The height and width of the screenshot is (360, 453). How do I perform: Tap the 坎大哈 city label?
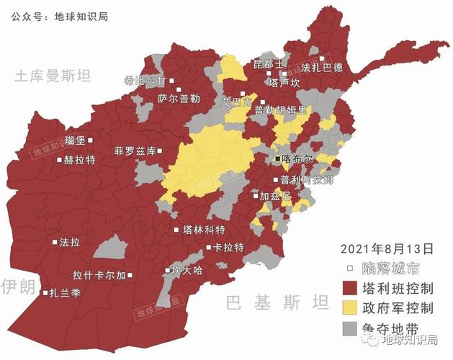(187, 271)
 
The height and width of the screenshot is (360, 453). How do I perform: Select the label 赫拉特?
(79, 160)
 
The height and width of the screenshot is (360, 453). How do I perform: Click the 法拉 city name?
(70, 243)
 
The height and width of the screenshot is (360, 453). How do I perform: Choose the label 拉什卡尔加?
(99, 275)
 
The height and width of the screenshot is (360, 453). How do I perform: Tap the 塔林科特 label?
(204, 230)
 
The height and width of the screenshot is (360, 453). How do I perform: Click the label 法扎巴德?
(322, 68)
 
